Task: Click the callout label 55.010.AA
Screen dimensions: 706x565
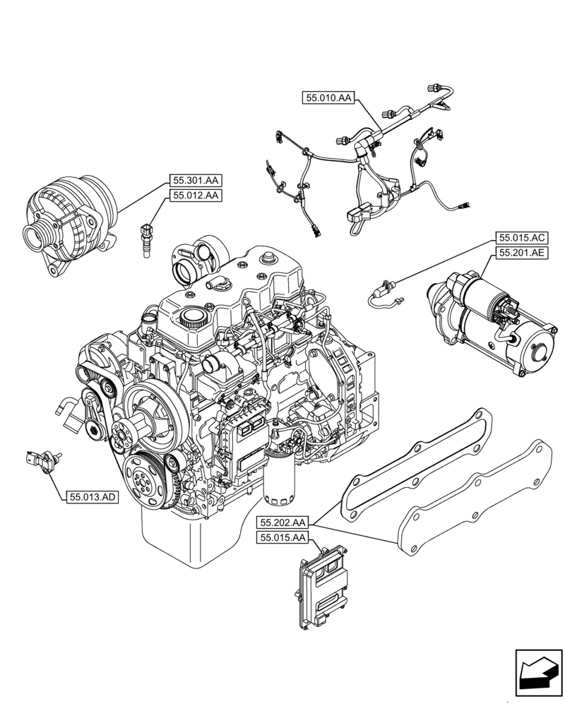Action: click(328, 98)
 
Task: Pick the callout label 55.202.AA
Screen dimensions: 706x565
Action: click(282, 523)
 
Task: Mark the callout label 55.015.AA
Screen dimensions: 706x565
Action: click(282, 538)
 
